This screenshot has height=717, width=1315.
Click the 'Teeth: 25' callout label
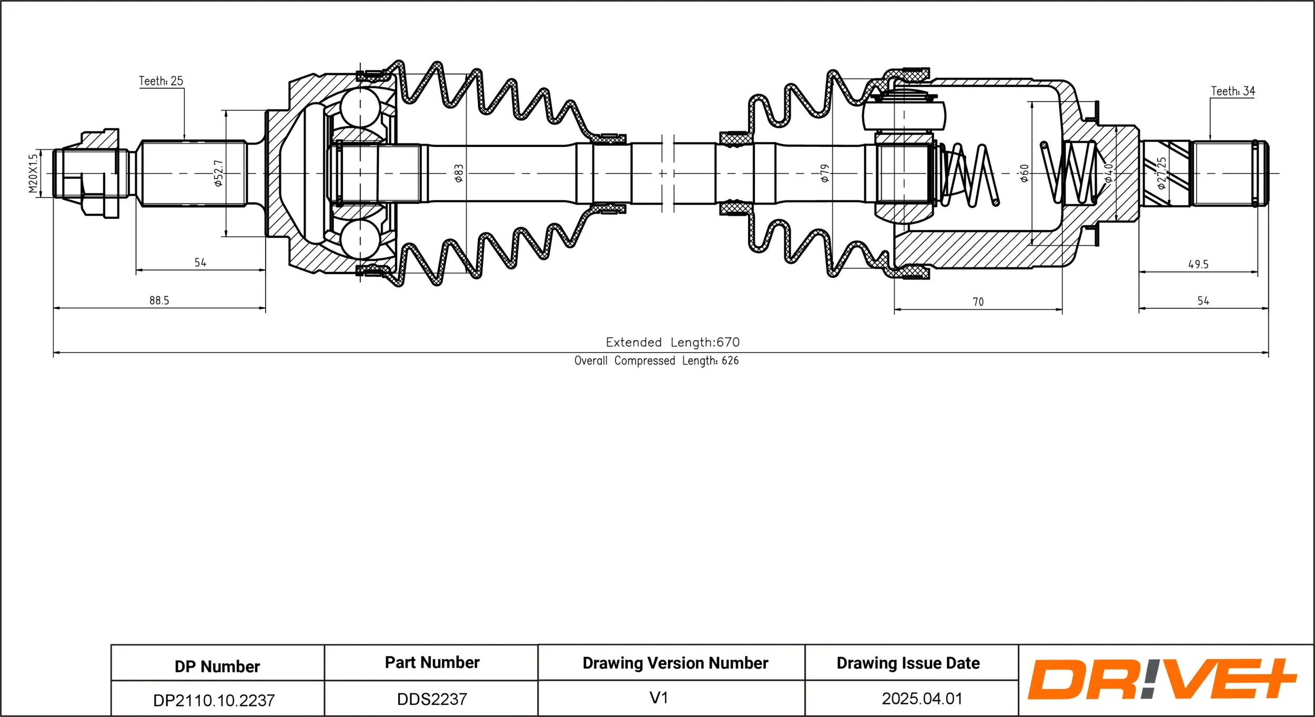coord(161,81)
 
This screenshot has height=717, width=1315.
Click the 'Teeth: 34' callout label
coord(1232,92)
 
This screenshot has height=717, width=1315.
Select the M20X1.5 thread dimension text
coord(33,173)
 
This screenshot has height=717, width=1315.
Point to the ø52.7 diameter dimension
coord(219,174)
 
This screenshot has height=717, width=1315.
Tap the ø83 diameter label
coord(459,173)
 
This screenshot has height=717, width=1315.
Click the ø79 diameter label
coord(825,173)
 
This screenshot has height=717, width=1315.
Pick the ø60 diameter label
coord(1024,173)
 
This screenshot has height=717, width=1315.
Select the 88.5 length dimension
coord(159,300)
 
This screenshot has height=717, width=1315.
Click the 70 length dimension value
coord(978,302)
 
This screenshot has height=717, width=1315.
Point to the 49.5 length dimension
coord(1198,265)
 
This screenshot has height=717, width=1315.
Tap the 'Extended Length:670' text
coord(672,342)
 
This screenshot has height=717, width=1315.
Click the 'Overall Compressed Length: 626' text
coord(656,361)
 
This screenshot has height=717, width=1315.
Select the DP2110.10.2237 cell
coord(214,700)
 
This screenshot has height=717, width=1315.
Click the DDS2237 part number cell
coord(431,699)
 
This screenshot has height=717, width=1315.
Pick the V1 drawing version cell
coord(658,698)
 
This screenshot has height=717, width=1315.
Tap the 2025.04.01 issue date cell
coord(922,699)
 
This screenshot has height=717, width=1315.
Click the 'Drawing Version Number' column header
coord(675,663)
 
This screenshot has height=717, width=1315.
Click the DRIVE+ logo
coord(1161,679)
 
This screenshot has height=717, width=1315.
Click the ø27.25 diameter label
coord(1161,173)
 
